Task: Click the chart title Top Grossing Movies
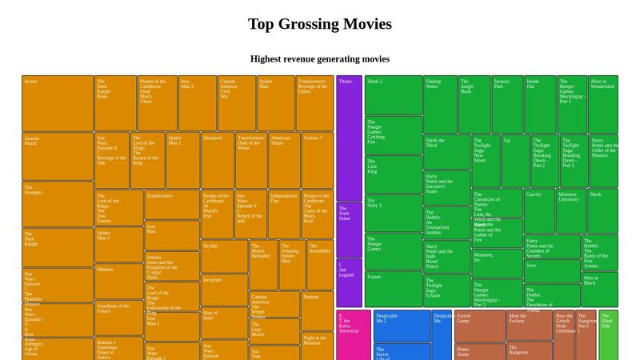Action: point(320,24)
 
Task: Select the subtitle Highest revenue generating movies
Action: point(320,59)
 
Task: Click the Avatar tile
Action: point(58,104)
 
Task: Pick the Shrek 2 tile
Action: point(393,95)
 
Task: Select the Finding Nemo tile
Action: point(440,104)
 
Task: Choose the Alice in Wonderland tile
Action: point(603,104)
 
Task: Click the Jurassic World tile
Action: point(58,157)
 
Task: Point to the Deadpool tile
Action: point(217,160)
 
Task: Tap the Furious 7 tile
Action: point(317,160)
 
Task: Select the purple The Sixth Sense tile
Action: point(349,229)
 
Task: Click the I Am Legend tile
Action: point(349,282)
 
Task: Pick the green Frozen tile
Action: point(393,289)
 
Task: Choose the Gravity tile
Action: point(539,210)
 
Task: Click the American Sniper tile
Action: point(284,160)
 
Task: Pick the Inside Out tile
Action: point(540,104)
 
